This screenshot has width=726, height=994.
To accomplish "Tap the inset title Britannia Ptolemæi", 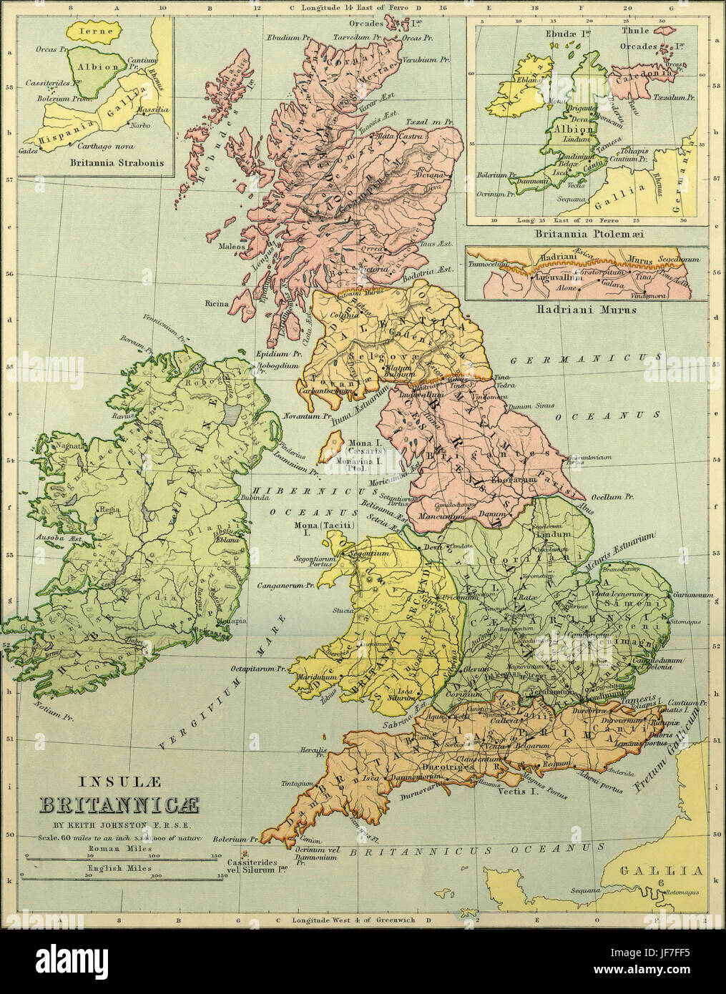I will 586,233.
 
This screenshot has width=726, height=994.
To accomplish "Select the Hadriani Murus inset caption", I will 585,310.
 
